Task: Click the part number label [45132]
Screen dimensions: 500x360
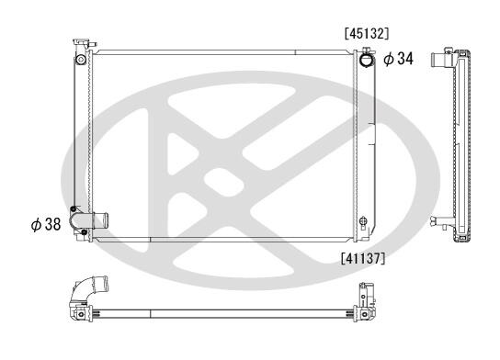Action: pyautogui.click(x=367, y=34)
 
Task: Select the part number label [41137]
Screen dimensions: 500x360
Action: pyautogui.click(x=363, y=258)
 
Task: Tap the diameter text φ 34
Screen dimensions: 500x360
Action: pyautogui.click(x=398, y=59)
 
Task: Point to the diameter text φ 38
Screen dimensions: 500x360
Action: pyautogui.click(x=46, y=224)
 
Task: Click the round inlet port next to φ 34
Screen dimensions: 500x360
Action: pyautogui.click(x=366, y=60)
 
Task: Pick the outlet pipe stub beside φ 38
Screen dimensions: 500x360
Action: pyautogui.click(x=100, y=220)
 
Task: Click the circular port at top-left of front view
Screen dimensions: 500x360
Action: pyautogui.click(x=80, y=60)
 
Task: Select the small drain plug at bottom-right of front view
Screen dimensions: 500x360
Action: pyautogui.click(x=363, y=220)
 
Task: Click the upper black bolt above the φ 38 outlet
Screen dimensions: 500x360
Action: pyautogui.click(x=73, y=209)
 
